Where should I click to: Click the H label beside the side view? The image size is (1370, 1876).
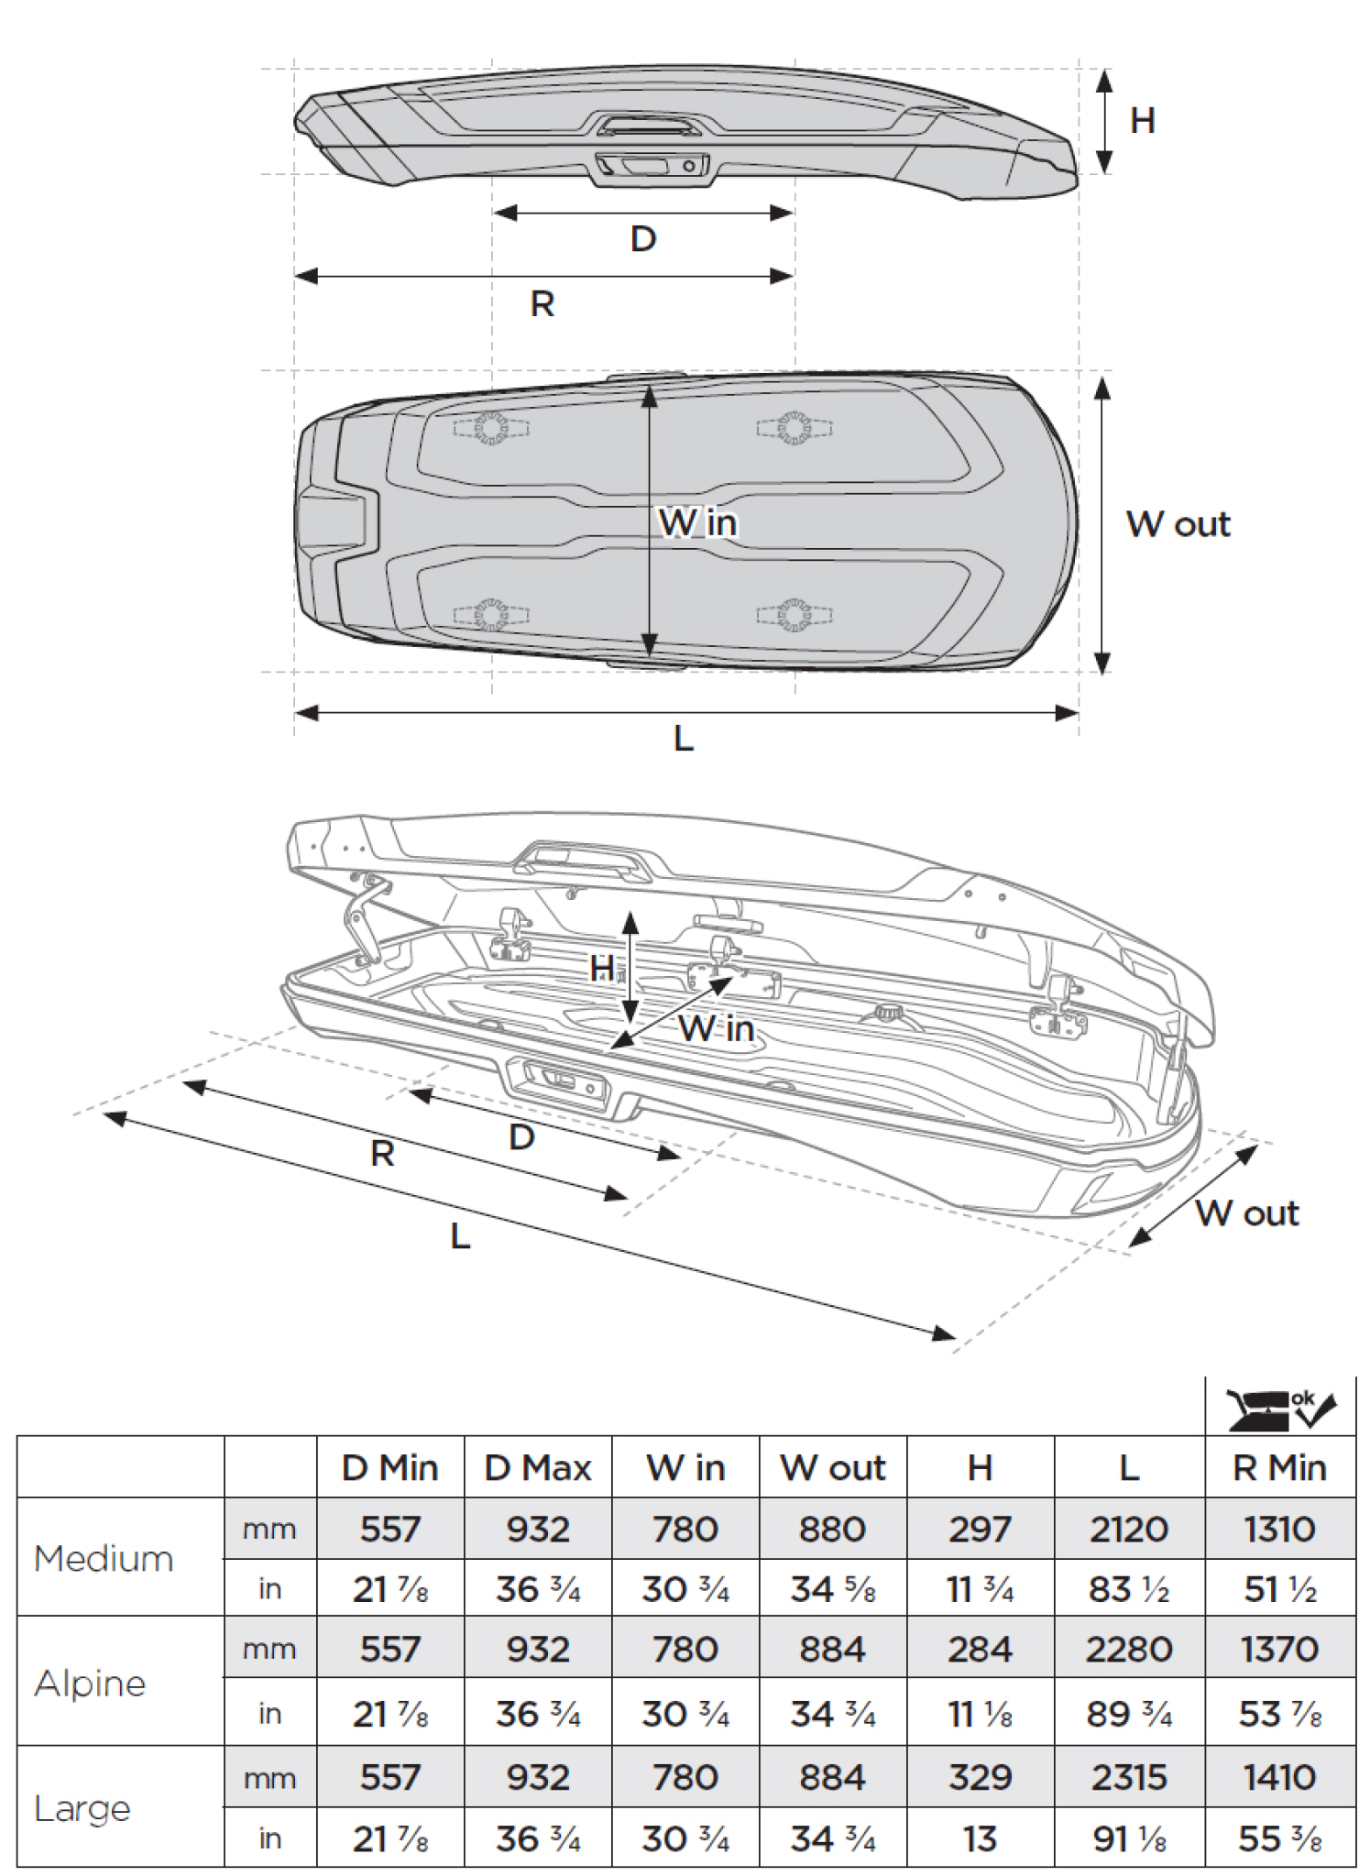1142,121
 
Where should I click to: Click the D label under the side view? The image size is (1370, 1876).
643,239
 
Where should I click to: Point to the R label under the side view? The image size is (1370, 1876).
542,303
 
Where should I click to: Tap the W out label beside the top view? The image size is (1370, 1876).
1178,524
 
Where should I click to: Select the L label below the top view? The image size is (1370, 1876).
683,738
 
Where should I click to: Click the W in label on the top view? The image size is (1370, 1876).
697,522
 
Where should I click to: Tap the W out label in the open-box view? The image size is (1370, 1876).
1246,1212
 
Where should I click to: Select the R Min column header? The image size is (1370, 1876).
1279,1468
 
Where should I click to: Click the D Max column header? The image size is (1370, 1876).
538,1468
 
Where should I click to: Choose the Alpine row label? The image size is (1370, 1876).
90,1684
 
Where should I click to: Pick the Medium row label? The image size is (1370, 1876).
103,1558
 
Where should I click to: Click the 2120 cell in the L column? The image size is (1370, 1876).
1129,1529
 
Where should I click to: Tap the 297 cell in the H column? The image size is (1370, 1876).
980,1529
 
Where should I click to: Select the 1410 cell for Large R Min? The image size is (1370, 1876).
1279,1777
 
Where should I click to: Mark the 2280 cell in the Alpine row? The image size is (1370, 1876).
1129,1650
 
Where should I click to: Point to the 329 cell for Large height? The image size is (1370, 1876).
980,1777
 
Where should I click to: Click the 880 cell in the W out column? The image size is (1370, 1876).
832,1529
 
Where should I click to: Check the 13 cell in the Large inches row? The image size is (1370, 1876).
980,1838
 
